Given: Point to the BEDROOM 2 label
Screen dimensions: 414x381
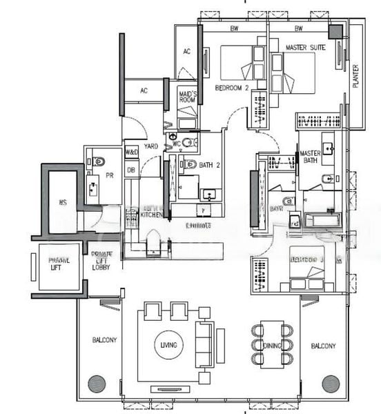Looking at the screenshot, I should click(x=231, y=88).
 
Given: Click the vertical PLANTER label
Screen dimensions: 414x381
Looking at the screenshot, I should click(x=356, y=76).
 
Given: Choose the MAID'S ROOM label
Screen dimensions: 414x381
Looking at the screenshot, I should click(x=188, y=97).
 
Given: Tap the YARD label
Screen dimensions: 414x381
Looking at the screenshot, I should click(x=151, y=146).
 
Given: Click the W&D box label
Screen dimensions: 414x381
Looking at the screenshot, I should click(x=131, y=152).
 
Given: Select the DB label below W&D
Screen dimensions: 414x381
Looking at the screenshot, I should click(x=131, y=169).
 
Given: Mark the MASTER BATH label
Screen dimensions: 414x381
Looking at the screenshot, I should click(x=310, y=157).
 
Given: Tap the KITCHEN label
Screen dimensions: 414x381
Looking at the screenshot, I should click(x=151, y=215).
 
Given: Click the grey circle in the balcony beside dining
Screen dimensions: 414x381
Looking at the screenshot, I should click(x=331, y=384).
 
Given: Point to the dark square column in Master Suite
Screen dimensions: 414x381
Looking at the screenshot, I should click(x=335, y=32).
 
